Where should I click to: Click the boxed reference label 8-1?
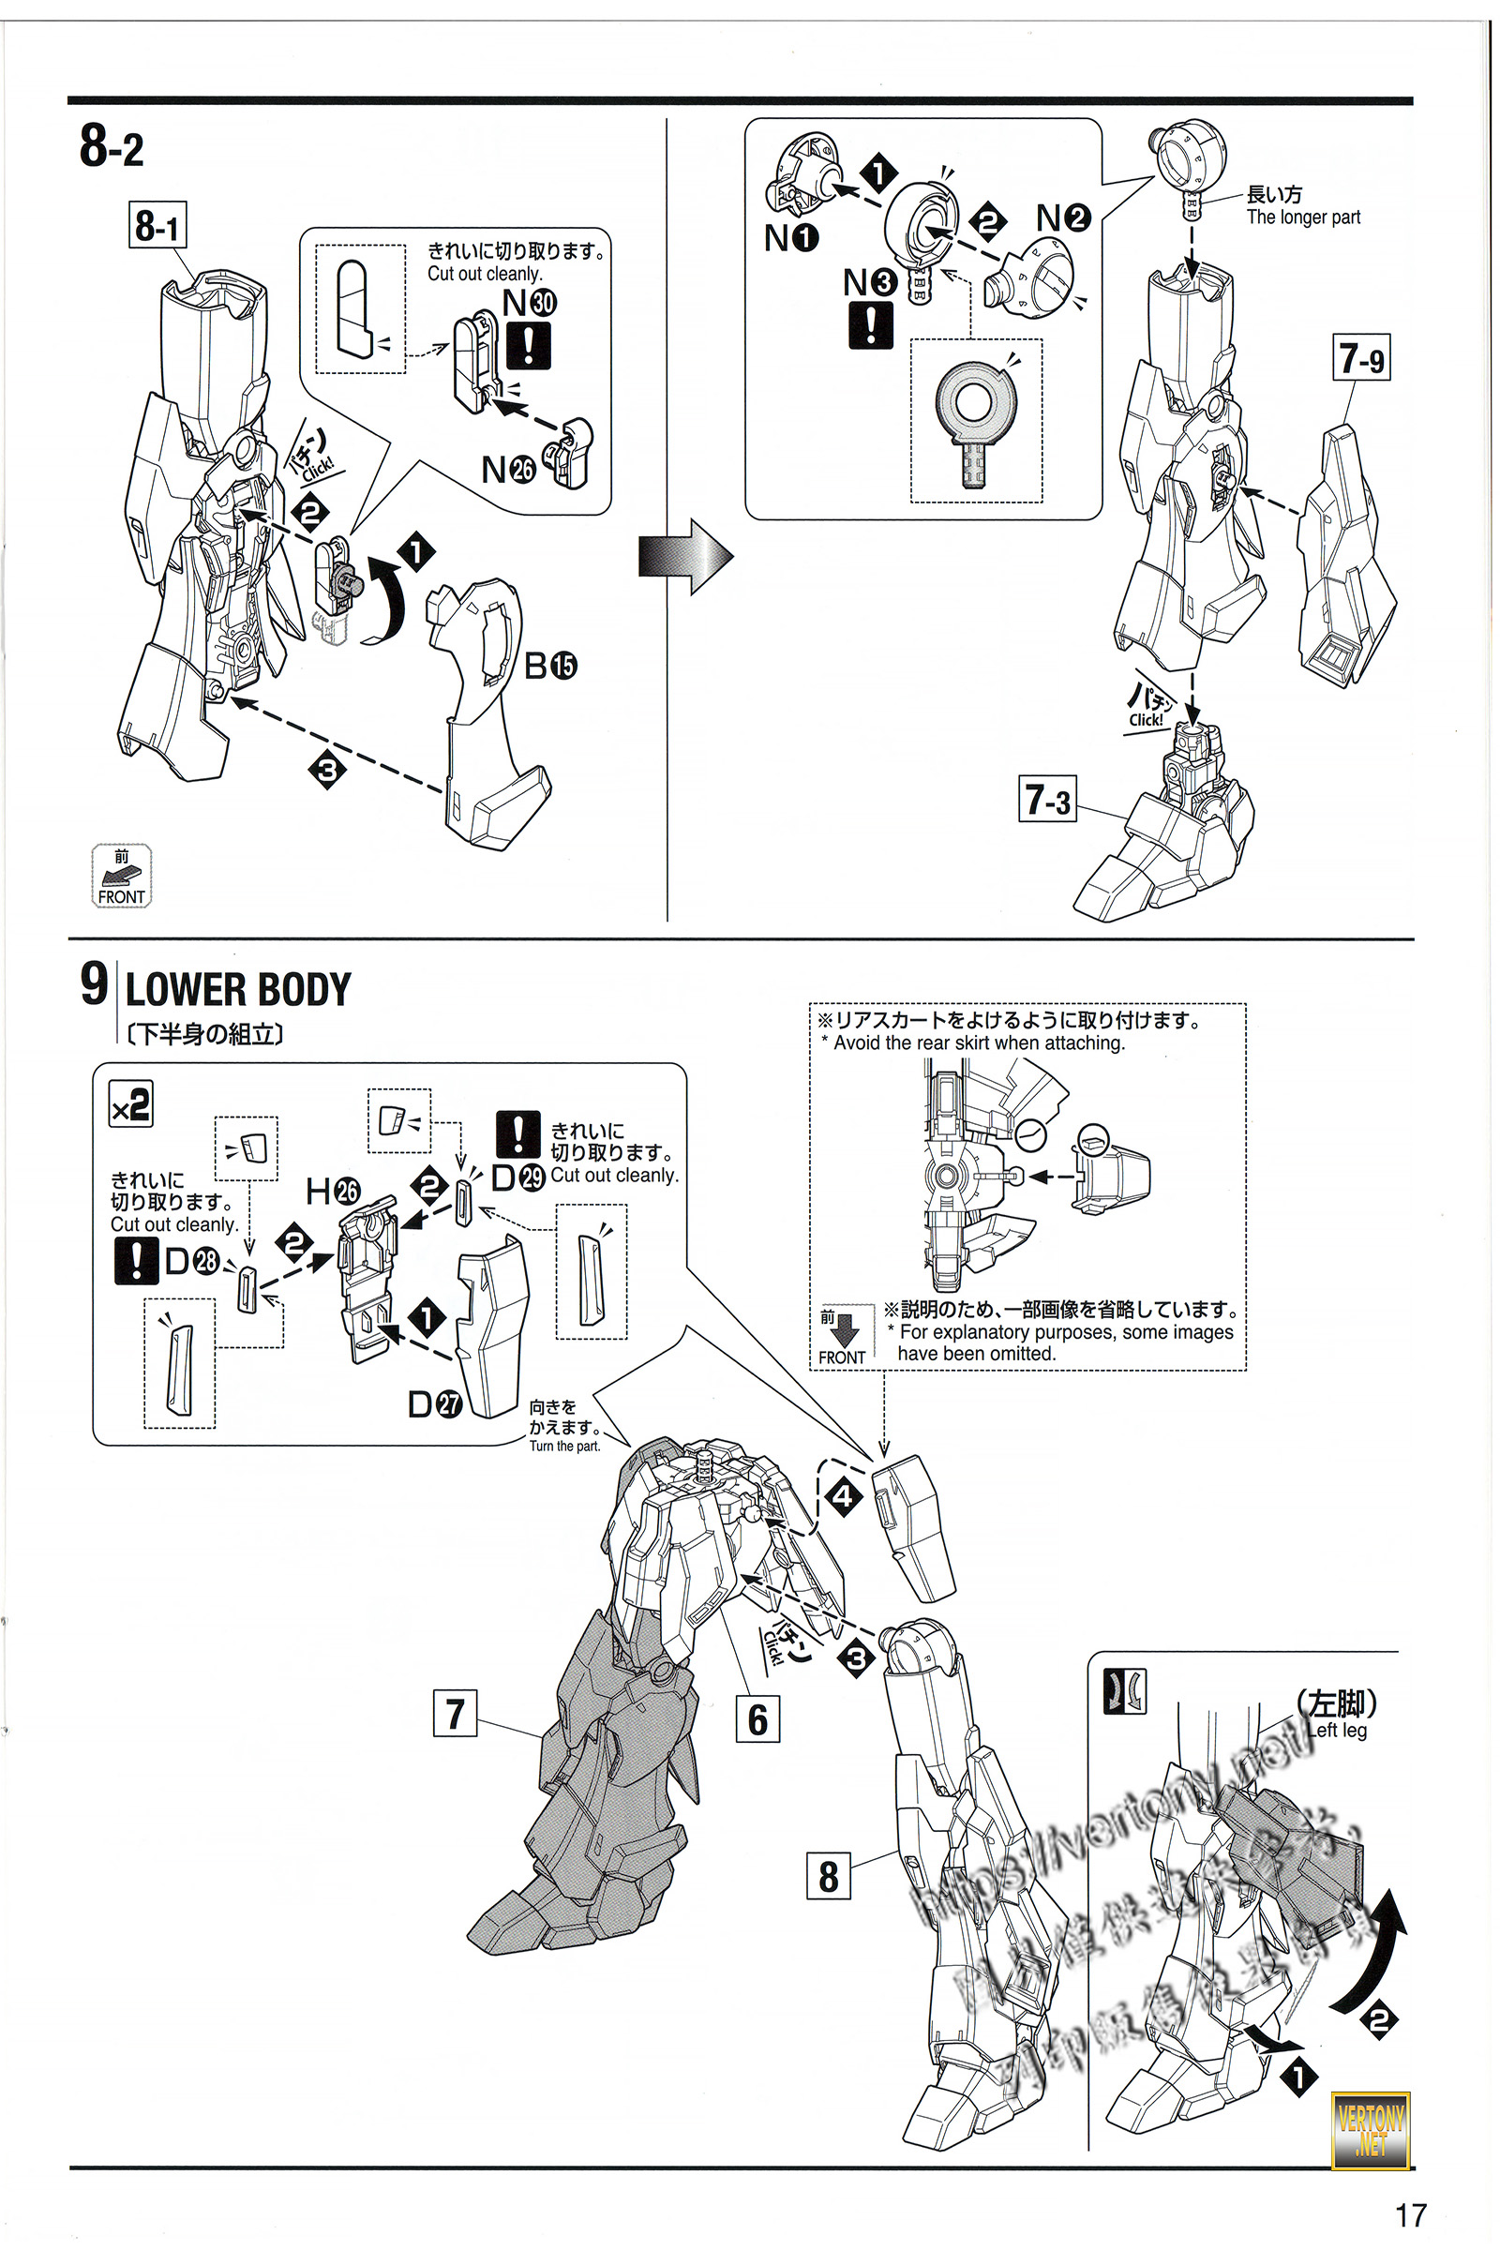(x=157, y=226)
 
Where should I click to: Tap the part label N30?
(x=529, y=302)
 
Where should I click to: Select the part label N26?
(x=508, y=470)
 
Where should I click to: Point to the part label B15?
(x=550, y=666)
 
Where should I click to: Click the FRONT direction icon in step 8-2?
(x=122, y=876)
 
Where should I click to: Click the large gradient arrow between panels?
(x=685, y=557)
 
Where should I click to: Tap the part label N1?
(x=791, y=237)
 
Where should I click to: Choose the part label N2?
(x=1063, y=218)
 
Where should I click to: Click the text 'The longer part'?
(x=1303, y=217)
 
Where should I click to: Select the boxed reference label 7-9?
(x=1361, y=358)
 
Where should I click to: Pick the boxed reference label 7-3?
(x=1047, y=799)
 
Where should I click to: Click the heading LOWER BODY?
(x=238, y=989)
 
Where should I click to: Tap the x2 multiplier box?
(x=131, y=1105)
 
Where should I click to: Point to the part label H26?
(x=332, y=1191)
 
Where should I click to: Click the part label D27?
(x=435, y=1403)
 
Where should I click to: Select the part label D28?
(x=191, y=1262)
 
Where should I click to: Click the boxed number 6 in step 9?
(x=757, y=1719)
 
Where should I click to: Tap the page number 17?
(x=1410, y=2214)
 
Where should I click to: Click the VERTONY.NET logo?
(x=1371, y=2130)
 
